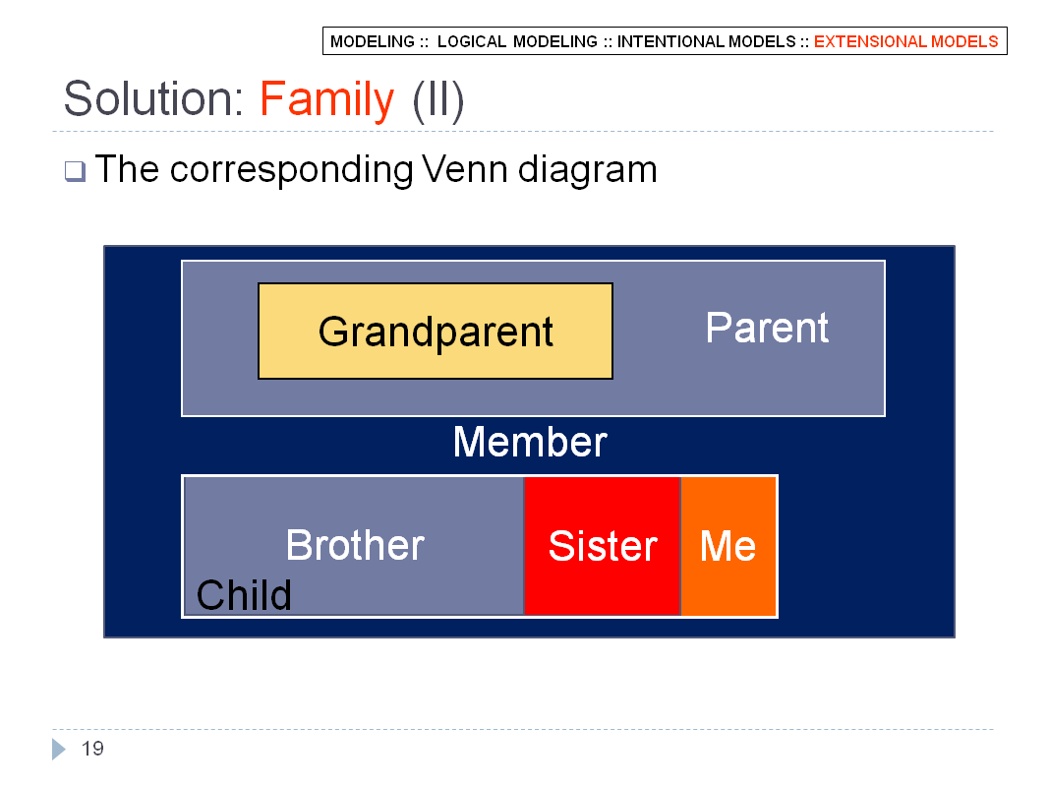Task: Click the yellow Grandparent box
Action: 436,331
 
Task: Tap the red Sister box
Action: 603,546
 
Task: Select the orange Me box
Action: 728,546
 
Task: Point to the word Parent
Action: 767,328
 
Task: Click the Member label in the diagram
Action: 530,442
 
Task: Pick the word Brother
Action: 355,545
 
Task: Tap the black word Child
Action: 244,594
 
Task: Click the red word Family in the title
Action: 326,99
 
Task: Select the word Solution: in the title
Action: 153,98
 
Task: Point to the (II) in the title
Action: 438,100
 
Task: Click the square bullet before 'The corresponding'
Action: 75,171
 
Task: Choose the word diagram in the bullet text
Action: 588,170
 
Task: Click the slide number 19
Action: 92,749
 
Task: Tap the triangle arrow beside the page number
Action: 59,749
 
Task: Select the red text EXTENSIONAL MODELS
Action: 905,41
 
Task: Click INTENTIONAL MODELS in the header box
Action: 707,41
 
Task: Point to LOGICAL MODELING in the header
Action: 517,41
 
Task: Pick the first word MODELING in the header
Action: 373,41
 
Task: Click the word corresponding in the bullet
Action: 291,170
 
